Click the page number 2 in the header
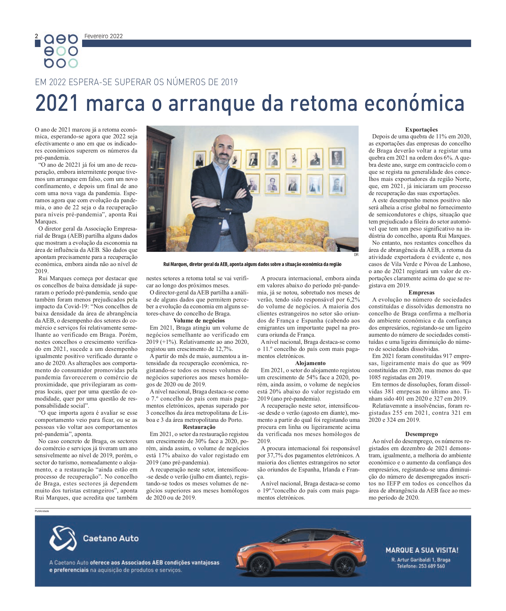(x=37, y=36)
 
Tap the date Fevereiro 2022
(x=103, y=36)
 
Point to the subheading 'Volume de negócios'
(x=199, y=320)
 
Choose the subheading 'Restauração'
(x=199, y=427)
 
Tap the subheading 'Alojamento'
(x=310, y=363)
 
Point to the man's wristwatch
(x=218, y=202)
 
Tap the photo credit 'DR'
(x=356, y=255)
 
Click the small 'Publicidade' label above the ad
(x=42, y=511)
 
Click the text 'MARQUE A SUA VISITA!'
(x=422, y=550)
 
